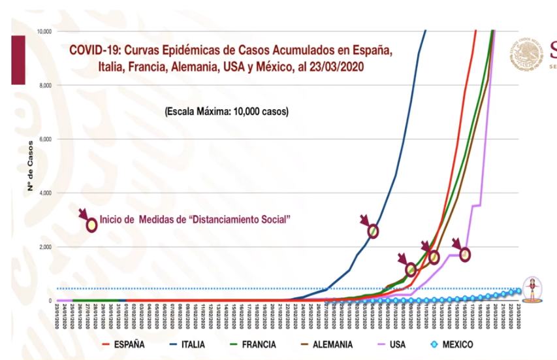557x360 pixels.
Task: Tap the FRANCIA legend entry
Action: [258, 344]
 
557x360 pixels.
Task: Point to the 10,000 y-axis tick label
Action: [45, 31]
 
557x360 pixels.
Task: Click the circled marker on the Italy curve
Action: [374, 231]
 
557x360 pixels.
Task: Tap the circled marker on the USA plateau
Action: [465, 254]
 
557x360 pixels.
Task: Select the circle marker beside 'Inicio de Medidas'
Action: [92, 225]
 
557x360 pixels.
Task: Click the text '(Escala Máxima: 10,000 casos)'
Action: [227, 111]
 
